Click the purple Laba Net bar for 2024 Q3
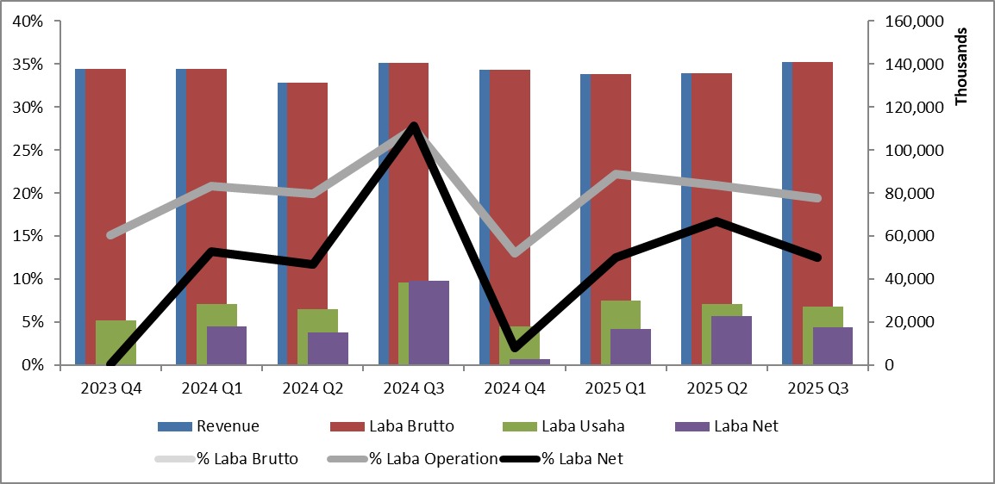(429, 323)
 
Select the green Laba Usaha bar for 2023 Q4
(116, 343)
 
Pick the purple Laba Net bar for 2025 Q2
(732, 340)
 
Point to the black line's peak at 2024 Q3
(414, 127)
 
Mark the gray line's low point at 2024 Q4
(516, 253)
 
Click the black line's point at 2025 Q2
(717, 221)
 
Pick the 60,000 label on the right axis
(913, 236)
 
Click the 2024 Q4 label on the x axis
(515, 388)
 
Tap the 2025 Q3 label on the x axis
(818, 388)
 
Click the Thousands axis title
(962, 66)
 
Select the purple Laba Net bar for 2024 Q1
(227, 345)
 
